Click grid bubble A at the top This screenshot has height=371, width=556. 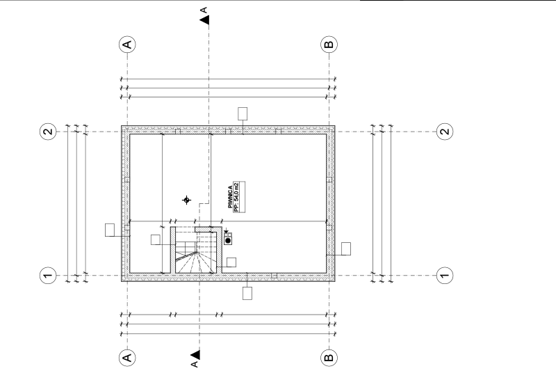pos(127,45)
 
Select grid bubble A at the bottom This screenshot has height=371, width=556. pos(127,357)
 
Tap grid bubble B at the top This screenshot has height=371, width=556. pos(329,45)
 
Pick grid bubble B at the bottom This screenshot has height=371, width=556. pos(329,357)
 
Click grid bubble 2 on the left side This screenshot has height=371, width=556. pos(48,132)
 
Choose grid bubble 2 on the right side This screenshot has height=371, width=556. pos(445,132)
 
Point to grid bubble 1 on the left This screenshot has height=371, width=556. pos(48,275)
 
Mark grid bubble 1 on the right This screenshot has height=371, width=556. pos(445,275)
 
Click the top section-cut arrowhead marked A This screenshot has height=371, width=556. pos(204,20)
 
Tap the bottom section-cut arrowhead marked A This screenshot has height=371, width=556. pos(195,355)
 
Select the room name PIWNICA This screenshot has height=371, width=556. pos(230,197)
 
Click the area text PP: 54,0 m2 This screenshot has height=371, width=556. pos(236,197)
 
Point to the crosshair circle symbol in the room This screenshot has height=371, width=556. pos(186,200)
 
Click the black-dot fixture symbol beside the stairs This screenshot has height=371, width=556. pos(228,239)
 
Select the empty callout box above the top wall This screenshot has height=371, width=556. pos(243,114)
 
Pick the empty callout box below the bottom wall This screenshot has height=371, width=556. pos(247,294)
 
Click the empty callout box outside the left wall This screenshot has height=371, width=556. pos(110,230)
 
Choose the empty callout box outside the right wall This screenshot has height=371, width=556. pos(346,249)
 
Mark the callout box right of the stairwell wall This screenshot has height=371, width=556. pos(231,262)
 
